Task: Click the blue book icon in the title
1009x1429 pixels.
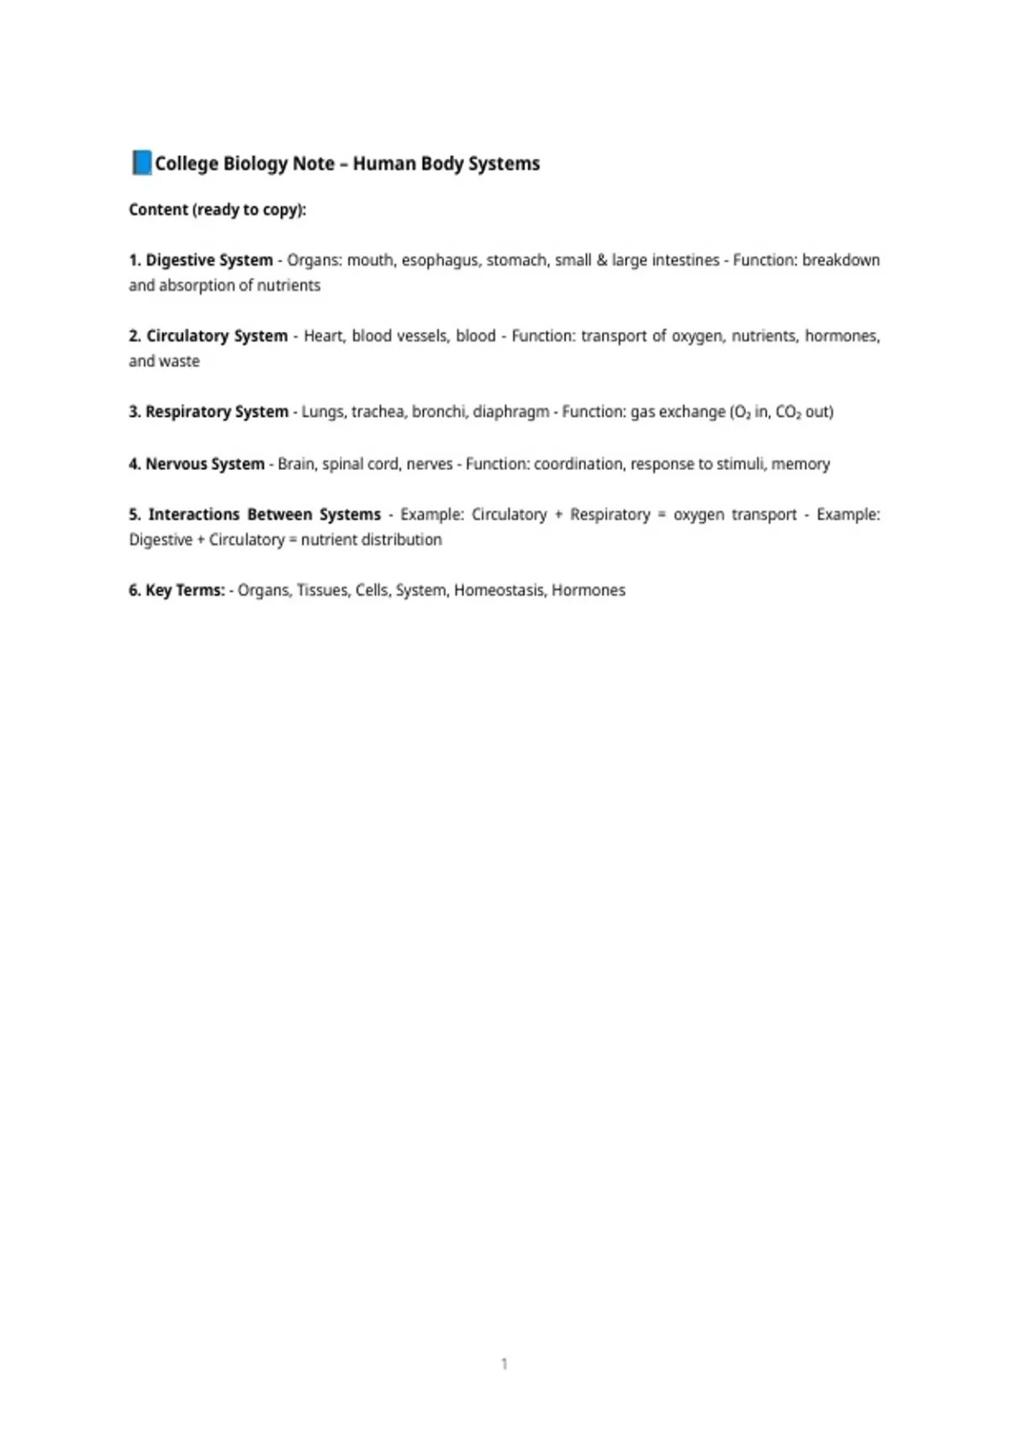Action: [141, 162]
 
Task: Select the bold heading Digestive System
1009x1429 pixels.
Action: [209, 261]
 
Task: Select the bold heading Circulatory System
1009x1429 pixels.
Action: [217, 336]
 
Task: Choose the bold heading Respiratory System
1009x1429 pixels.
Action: [217, 412]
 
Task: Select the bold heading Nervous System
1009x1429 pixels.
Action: [205, 464]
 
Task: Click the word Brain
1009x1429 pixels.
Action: [296, 464]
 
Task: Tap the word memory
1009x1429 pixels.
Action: [800, 464]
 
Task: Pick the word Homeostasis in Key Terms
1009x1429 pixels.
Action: [499, 590]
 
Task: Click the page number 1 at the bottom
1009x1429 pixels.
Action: [504, 1363]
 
